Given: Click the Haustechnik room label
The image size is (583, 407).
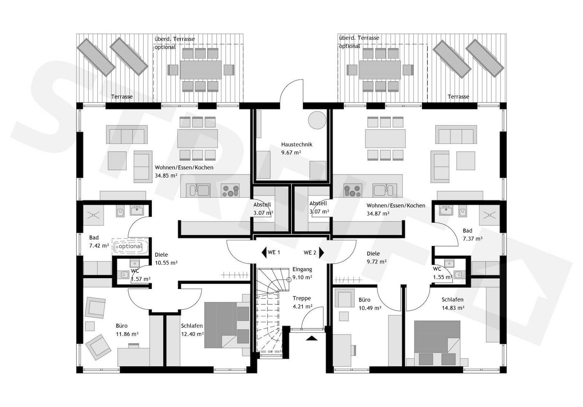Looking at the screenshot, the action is pyautogui.click(x=296, y=144).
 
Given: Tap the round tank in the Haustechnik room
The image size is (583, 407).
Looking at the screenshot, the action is pyautogui.click(x=317, y=120).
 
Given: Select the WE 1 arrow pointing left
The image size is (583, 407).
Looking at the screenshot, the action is pyautogui.click(x=264, y=252).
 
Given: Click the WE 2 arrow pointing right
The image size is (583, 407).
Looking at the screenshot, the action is pyautogui.click(x=321, y=252).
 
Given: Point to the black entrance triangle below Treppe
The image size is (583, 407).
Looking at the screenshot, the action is pyautogui.click(x=312, y=338).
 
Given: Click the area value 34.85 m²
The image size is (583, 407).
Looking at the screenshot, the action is pyautogui.click(x=166, y=176).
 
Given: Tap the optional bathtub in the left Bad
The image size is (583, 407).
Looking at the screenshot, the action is pyautogui.click(x=130, y=246).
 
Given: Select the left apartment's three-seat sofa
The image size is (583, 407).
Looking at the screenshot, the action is pyautogui.click(x=127, y=135).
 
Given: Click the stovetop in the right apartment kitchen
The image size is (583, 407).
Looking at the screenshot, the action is pyautogui.click(x=353, y=191).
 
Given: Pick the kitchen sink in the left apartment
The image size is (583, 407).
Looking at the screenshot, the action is pyautogui.click(x=198, y=190).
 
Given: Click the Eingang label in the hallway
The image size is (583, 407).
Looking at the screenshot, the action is pyautogui.click(x=302, y=269).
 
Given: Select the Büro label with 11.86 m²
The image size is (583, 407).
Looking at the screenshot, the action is pyautogui.click(x=121, y=326).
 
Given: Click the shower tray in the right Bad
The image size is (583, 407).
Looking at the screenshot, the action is pyautogui.click(x=489, y=215).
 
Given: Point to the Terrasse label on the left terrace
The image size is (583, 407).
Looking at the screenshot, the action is pyautogui.click(x=122, y=97).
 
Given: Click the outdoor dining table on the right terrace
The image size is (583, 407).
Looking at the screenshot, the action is pyautogui.click(x=380, y=70).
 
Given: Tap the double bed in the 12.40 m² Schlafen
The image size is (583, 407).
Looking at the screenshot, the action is pyautogui.click(x=226, y=325).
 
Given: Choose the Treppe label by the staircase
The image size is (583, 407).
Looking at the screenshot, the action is pyautogui.click(x=302, y=298).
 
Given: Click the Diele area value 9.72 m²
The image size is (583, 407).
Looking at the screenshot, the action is pyautogui.click(x=377, y=262).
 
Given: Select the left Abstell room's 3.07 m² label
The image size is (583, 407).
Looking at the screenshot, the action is pyautogui.click(x=263, y=213).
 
